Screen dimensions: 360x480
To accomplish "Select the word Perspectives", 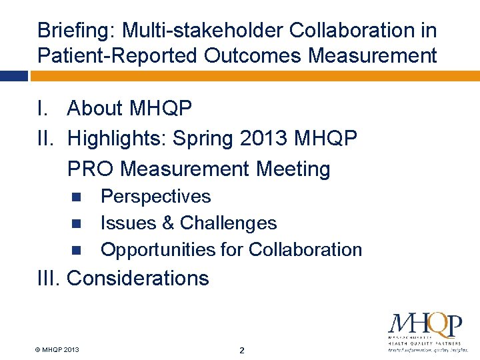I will click(155, 197).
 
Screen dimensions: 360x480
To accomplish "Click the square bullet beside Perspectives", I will click(75, 197).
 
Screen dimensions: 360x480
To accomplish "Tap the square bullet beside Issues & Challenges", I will click(75, 223).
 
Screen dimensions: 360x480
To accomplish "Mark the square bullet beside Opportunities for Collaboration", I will click(75, 250).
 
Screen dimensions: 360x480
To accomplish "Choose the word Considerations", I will click(138, 278).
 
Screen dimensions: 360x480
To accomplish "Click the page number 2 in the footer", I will click(242, 351).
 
